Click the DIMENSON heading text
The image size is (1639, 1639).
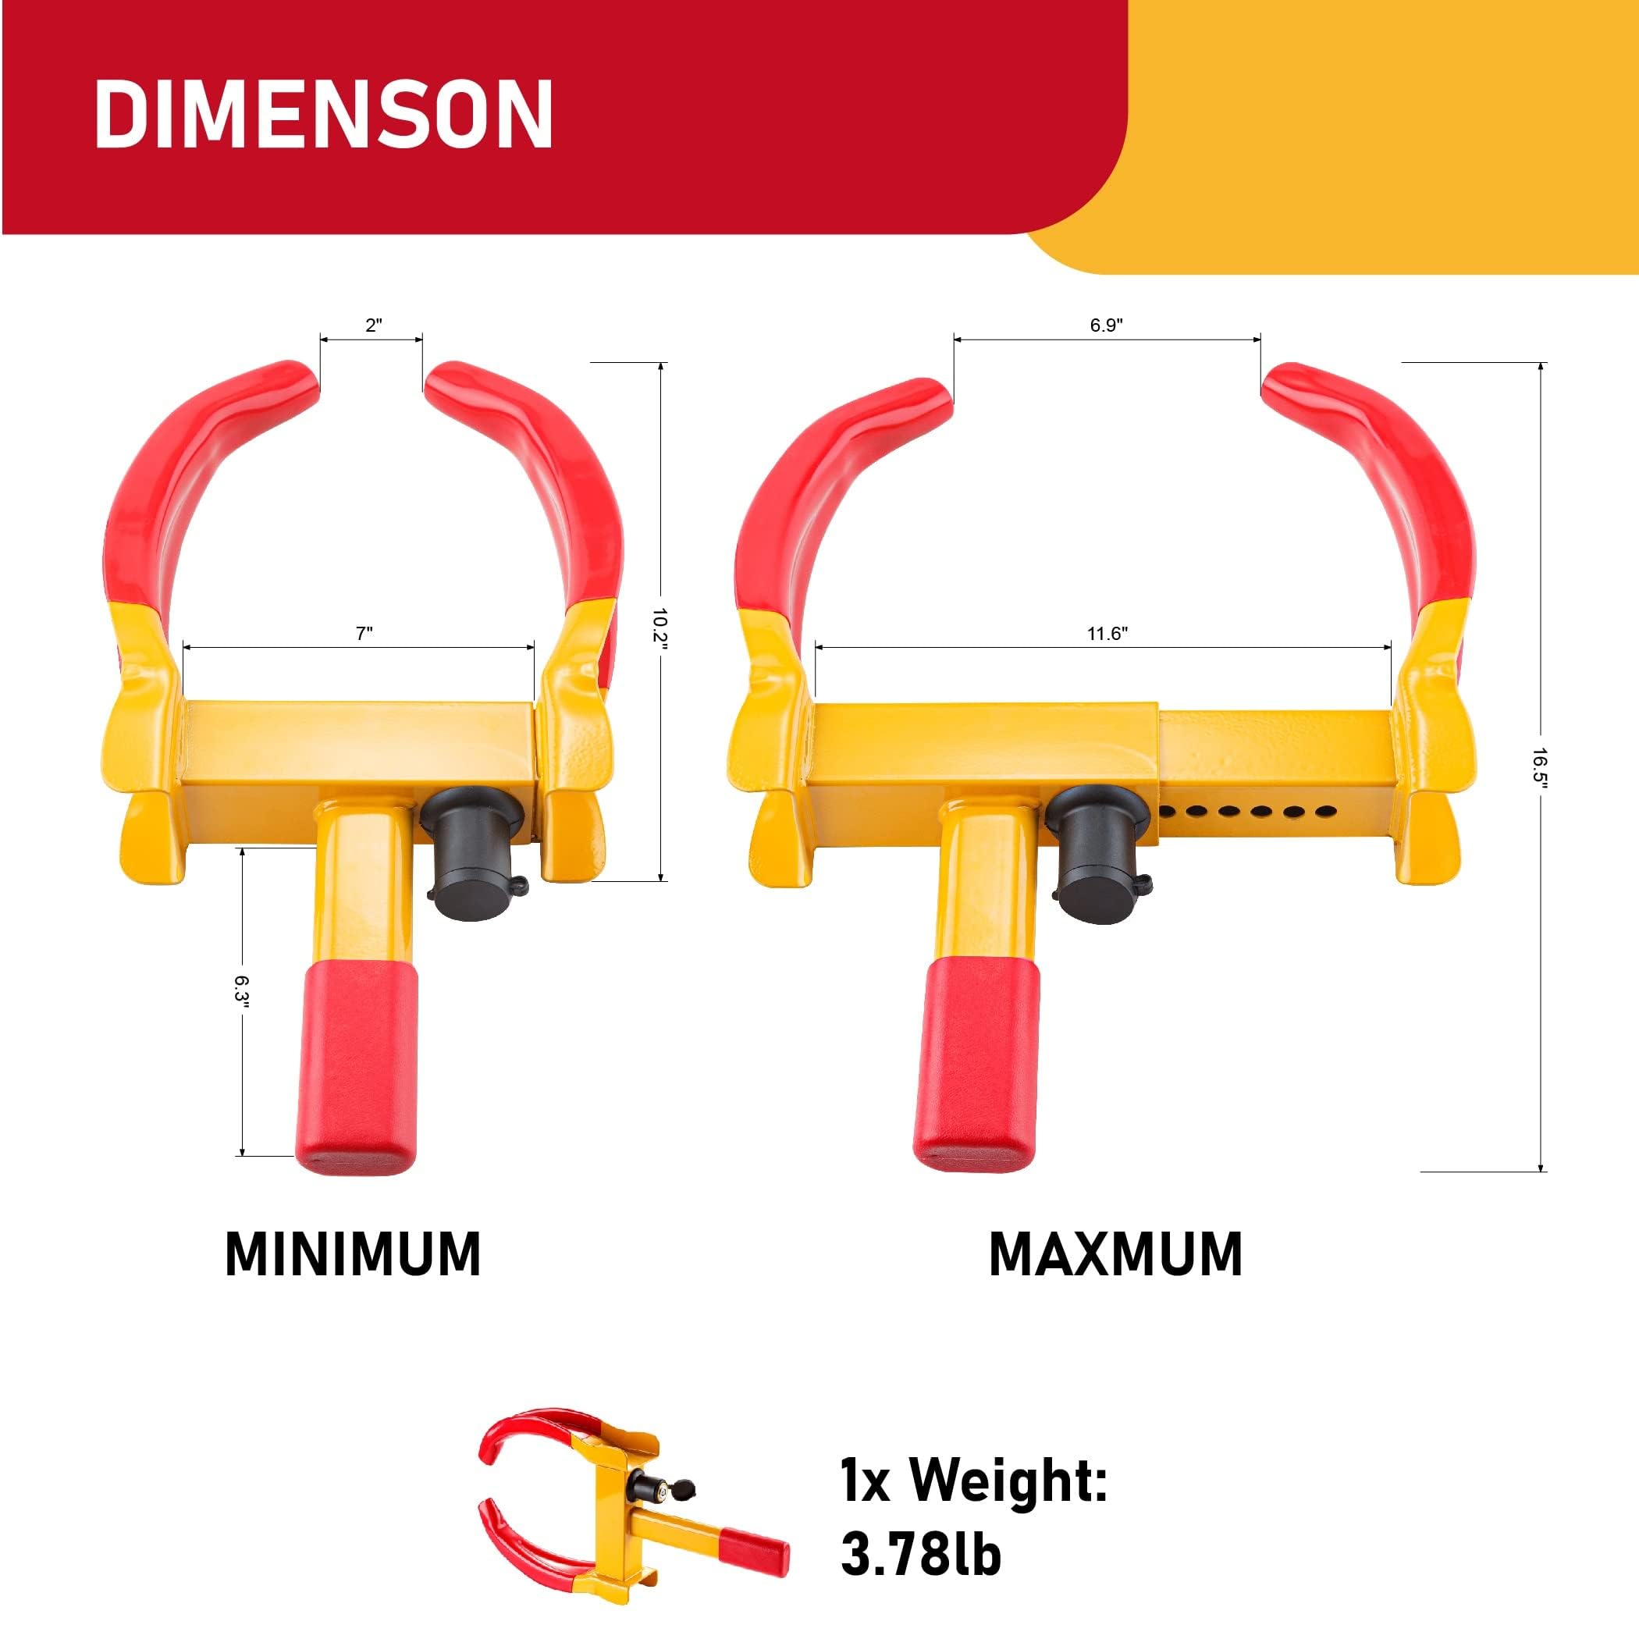pyautogui.click(x=323, y=116)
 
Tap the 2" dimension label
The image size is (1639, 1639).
pyautogui.click(x=373, y=325)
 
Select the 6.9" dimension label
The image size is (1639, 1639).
pyautogui.click(x=1106, y=325)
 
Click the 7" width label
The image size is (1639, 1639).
pyautogui.click(x=364, y=634)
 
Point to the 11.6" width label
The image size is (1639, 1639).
pyautogui.click(x=1106, y=634)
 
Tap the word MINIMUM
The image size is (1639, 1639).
pyautogui.click(x=353, y=1255)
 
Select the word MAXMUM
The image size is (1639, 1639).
pyautogui.click(x=1115, y=1255)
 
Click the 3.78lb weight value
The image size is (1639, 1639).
pyautogui.click(x=921, y=1554)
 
